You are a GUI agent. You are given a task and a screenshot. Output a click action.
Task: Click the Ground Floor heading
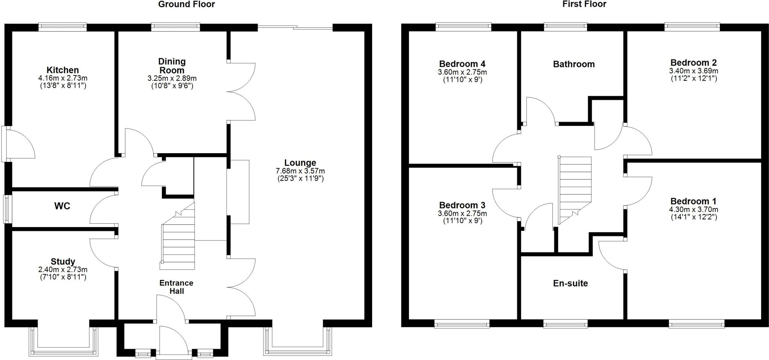click(186, 5)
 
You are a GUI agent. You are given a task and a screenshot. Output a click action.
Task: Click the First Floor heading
click(584, 5)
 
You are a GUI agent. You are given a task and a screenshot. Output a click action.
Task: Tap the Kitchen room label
click(63, 70)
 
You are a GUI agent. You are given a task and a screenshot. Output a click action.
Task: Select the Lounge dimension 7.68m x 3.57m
click(300, 171)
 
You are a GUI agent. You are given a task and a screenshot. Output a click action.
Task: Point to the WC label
click(62, 206)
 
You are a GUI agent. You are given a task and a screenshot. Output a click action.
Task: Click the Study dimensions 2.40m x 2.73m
click(63, 270)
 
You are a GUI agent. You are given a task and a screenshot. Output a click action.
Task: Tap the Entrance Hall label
click(176, 287)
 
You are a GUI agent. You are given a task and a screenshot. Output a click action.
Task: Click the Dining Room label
click(172, 66)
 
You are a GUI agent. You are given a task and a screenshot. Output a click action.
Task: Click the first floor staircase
click(574, 190)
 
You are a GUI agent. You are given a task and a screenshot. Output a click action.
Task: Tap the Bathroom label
click(574, 64)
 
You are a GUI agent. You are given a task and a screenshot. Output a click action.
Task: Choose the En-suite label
click(570, 283)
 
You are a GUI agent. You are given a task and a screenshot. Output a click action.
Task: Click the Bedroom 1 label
click(693, 201)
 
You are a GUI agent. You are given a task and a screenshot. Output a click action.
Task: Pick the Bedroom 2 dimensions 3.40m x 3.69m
click(693, 71)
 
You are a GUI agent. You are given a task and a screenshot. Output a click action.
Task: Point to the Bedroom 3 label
click(462, 205)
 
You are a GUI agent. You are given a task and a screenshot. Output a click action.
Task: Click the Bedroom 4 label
click(462, 64)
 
